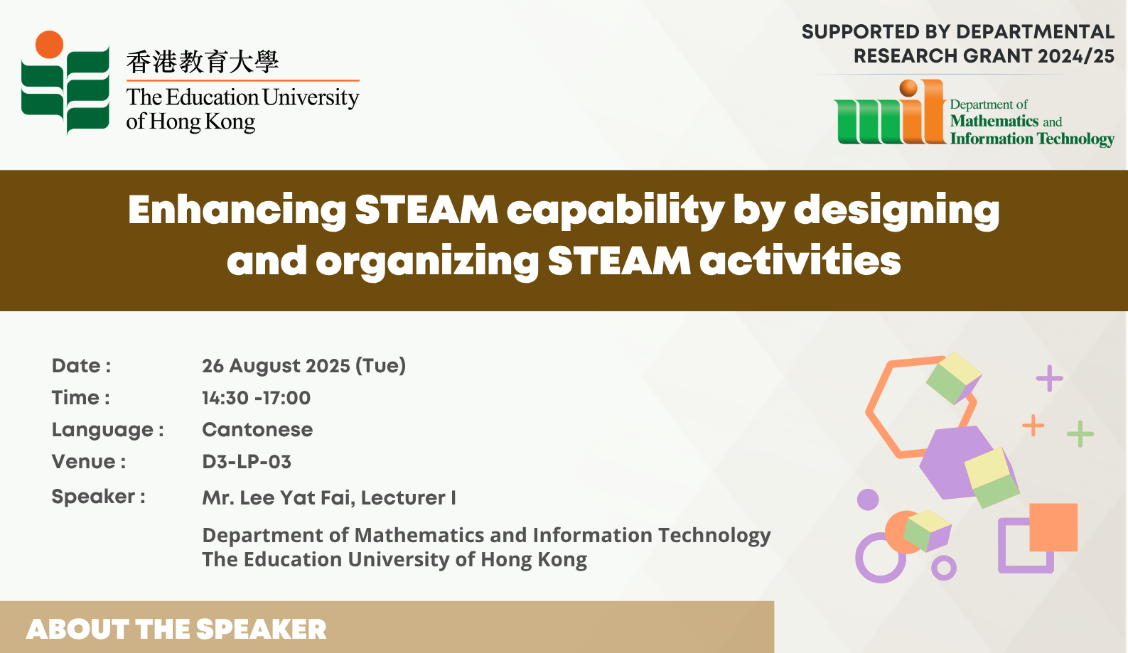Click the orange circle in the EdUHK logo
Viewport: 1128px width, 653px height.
pos(49,44)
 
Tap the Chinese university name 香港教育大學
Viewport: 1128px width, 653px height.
pos(203,62)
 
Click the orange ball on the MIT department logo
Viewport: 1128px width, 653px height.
pos(908,88)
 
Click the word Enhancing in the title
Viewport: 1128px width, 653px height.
pos(237,211)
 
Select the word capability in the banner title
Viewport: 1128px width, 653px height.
pos(616,211)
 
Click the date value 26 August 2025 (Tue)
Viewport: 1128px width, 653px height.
pos(304,366)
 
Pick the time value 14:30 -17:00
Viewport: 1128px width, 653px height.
pos(257,398)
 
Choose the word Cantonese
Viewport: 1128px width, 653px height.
pos(257,430)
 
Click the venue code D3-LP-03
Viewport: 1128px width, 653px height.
pos(247,462)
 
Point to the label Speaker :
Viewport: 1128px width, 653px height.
pos(99,497)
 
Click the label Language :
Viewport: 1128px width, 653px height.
pos(108,430)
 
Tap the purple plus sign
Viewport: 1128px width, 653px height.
pos(1049,378)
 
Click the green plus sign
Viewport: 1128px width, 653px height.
pos(1080,433)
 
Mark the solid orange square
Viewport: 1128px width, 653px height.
pos(1053,527)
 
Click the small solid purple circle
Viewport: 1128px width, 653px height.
pos(868,500)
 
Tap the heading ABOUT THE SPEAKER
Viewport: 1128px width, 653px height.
pos(176,630)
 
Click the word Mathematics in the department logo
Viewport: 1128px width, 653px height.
pos(994,122)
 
